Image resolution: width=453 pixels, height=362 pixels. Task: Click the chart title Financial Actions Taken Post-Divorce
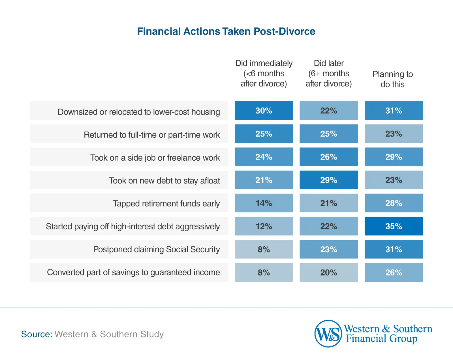(226, 31)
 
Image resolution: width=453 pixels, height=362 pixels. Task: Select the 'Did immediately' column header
(264, 74)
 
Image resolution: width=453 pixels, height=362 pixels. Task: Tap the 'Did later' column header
(328, 74)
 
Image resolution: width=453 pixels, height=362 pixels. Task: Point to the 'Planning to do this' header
(392, 79)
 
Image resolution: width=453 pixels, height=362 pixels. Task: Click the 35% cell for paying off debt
(394, 226)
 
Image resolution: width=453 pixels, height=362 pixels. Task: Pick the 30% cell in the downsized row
(264, 111)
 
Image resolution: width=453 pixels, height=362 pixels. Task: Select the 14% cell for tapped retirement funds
(264, 203)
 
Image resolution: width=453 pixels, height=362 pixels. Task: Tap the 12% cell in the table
(264, 226)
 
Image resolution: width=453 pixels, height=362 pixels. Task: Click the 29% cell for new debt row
(328, 180)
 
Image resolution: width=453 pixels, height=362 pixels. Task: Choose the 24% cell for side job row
(264, 157)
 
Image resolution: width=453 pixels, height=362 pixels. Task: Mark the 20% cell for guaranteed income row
(328, 272)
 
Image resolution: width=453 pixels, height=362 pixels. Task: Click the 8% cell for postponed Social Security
(264, 249)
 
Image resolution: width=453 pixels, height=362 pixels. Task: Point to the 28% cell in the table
(394, 203)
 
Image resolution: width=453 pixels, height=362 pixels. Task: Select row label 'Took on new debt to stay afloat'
(164, 180)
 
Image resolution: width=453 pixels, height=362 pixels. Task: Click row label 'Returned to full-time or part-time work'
(152, 135)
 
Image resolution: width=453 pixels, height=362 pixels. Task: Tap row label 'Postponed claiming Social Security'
(156, 249)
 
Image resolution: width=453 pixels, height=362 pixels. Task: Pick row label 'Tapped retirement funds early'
(166, 203)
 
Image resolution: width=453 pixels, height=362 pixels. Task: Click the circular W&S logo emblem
(328, 334)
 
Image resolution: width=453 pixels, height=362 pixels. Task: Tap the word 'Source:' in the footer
(37, 334)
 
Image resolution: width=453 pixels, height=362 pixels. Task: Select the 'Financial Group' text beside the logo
(381, 339)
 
